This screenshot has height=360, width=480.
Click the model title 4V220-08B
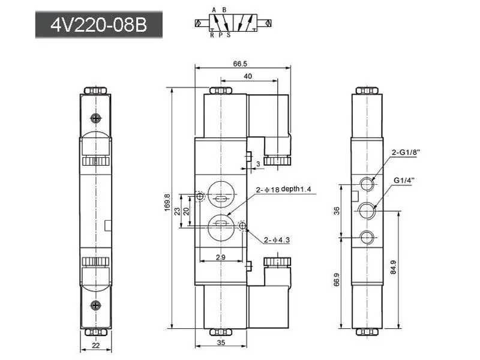coord(98,25)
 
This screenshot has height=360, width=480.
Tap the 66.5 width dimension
coord(240,64)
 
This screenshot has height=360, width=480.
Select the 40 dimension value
coord(248,76)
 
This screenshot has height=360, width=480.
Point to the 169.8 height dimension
coord(167,202)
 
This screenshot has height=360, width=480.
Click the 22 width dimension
coord(96,346)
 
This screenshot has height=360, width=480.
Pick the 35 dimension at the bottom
coord(221,342)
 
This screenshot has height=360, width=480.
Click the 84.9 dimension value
coord(394,267)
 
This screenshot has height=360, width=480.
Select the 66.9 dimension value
coord(337,280)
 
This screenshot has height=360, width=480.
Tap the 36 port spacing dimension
coord(337,211)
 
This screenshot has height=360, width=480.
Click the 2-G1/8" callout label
coord(406,152)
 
